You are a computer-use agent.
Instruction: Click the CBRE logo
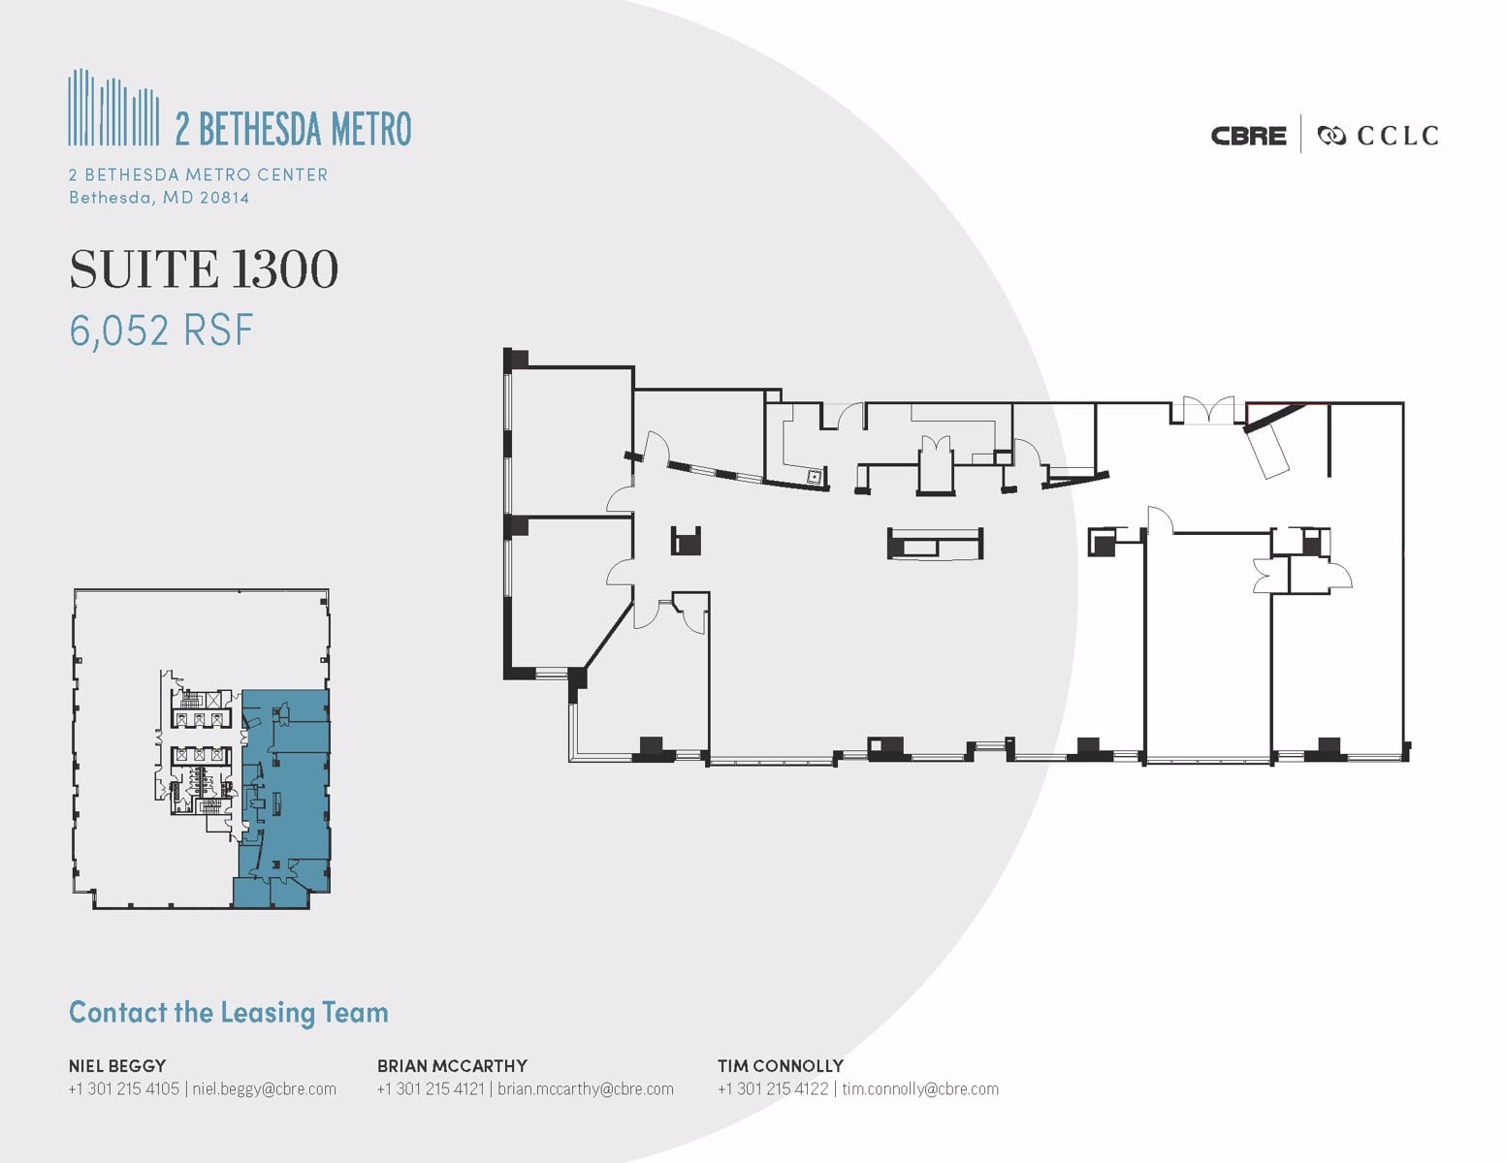1248,136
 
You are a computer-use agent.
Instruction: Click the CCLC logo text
1396,136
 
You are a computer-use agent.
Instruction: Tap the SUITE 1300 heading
204,269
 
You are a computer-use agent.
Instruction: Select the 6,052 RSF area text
161,331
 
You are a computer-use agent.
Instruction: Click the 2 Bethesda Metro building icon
113,108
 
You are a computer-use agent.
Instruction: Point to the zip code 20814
224,198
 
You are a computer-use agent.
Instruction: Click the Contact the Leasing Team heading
229,1013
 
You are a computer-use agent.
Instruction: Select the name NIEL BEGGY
117,1066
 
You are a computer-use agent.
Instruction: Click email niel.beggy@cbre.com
264,1089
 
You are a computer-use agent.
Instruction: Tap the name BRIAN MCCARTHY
452,1066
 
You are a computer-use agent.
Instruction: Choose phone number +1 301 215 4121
431,1089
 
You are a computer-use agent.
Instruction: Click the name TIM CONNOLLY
781,1066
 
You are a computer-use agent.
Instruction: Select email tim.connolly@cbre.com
920,1089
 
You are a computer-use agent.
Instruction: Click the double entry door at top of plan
1208,411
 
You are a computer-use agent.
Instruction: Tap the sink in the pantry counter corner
814,477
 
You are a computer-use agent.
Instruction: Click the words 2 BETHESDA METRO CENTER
198,175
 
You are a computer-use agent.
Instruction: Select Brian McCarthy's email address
586,1089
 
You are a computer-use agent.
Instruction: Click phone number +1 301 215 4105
123,1089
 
